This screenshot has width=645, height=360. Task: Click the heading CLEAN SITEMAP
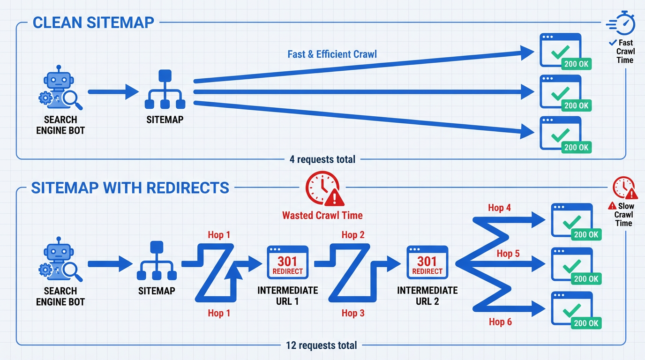click(x=93, y=22)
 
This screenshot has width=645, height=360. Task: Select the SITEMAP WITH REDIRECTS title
click(x=130, y=188)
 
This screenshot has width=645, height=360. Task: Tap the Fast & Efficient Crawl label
click(x=332, y=54)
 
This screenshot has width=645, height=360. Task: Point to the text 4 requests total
click(x=322, y=159)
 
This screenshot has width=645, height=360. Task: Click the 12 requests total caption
click(x=322, y=345)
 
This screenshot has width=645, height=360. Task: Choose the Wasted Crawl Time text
click(x=322, y=216)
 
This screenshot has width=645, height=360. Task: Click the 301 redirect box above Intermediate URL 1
click(x=287, y=262)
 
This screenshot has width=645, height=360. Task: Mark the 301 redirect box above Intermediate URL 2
click(x=427, y=262)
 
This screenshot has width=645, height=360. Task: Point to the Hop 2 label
click(x=353, y=235)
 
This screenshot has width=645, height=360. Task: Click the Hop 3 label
click(x=353, y=313)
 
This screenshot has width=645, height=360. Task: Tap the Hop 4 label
click(x=499, y=208)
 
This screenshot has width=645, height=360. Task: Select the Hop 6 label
click(x=500, y=322)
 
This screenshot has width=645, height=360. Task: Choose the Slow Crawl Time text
click(x=623, y=214)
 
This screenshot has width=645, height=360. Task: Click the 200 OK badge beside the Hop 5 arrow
click(x=586, y=279)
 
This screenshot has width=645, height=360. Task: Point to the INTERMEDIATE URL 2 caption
click(x=427, y=296)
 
